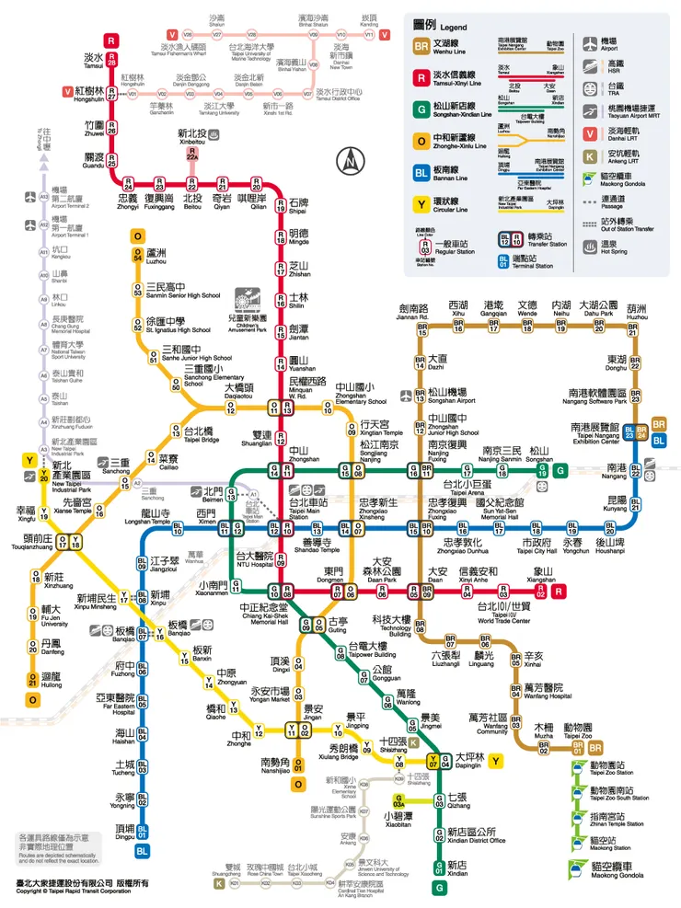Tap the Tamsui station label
94,59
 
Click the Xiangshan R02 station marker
542,593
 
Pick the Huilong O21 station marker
33,680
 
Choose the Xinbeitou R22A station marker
192,155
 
